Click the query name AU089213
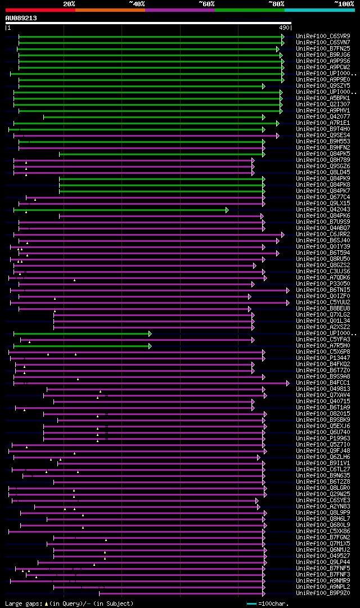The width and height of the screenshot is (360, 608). coord(21,18)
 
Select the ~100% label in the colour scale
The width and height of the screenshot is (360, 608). coord(344,3)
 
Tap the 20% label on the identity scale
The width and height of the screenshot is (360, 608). coord(69,3)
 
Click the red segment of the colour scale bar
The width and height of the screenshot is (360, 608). coord(40,10)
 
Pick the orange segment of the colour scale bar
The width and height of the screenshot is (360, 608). coord(110,10)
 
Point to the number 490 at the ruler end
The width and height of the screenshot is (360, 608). coord(284,27)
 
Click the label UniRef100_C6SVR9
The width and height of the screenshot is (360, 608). coord(323,37)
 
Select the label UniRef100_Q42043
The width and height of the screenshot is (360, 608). coord(323,210)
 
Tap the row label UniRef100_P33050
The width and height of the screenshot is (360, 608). coord(323,284)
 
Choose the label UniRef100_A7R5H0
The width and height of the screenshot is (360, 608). coord(323,346)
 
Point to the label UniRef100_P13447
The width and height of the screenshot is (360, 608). coord(323,358)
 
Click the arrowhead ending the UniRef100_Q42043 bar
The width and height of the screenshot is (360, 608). coord(227,210)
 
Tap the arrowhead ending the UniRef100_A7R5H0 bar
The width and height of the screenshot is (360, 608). coord(150,346)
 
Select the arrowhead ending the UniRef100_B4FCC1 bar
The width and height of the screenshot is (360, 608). coord(287,383)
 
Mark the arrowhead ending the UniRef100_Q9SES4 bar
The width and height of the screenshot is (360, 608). coord(277,136)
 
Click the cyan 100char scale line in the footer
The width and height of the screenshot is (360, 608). coord(251,604)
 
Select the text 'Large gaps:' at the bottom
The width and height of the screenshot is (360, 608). coord(23,604)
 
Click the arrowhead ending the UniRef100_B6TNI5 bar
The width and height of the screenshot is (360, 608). coord(287,290)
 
